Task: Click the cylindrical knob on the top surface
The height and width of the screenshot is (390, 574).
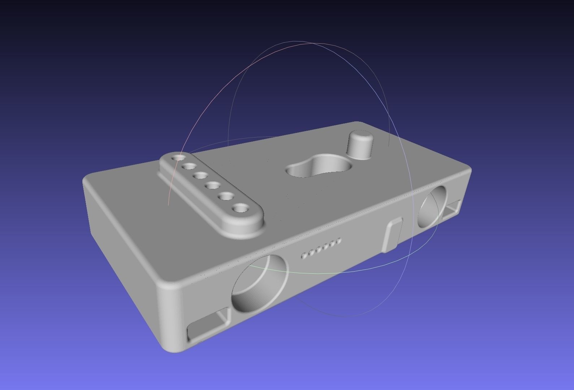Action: (360, 145)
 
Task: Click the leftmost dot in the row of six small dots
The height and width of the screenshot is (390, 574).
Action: (304, 256)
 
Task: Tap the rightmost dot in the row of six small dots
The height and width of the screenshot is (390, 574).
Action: (338, 240)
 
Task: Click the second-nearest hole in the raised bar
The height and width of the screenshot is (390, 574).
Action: (227, 196)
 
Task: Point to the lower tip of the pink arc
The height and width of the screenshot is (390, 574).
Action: (169, 204)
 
